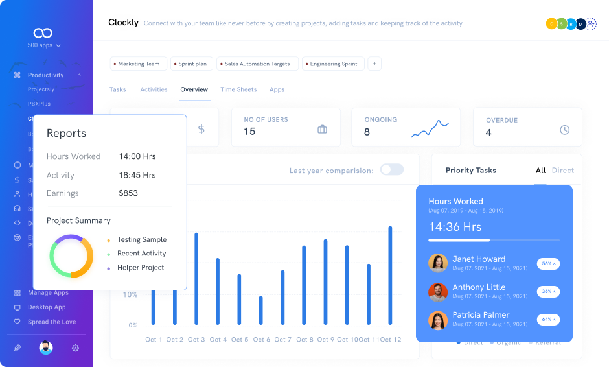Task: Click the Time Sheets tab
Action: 238,89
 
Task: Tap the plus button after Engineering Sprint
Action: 374,64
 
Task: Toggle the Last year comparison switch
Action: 391,170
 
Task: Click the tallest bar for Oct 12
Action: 390,275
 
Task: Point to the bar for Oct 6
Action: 260,310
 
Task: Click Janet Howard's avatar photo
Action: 438,263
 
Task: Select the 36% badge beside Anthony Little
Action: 548,292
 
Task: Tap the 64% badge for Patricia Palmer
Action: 548,320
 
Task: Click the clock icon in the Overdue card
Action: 564,130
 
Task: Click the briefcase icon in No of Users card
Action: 322,130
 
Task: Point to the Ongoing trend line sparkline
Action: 430,129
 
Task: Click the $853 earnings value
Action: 128,193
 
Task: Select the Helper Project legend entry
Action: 141,268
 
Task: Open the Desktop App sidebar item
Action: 47,307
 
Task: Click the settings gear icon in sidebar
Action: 75,348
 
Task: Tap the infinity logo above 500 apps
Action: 43,33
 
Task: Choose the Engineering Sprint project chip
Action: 333,64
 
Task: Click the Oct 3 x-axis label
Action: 196,340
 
